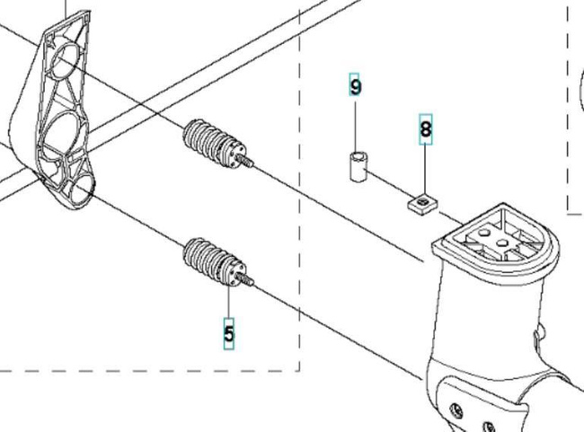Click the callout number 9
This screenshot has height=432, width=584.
tap(356, 86)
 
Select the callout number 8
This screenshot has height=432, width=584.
tap(425, 129)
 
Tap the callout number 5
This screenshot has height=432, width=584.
tap(229, 334)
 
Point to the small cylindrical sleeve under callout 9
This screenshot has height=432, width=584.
tap(359, 166)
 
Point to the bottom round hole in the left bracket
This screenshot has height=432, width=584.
tap(80, 185)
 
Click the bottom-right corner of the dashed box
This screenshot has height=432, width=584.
tap(298, 369)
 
